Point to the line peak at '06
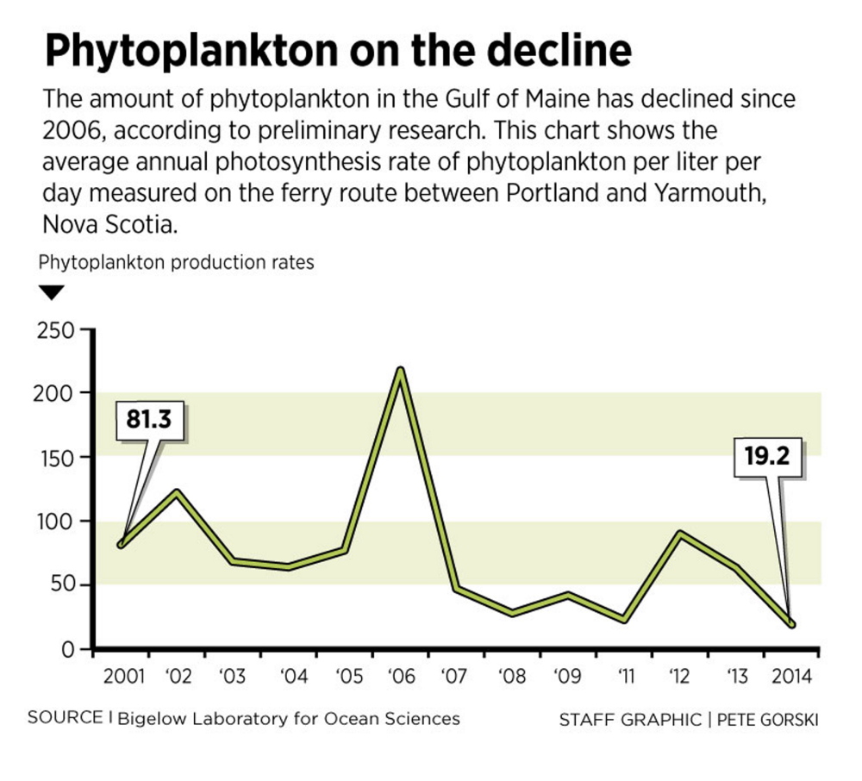(x=400, y=371)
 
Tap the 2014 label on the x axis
(x=791, y=676)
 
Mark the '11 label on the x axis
(x=624, y=676)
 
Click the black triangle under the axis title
(x=53, y=293)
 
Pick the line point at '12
(x=680, y=534)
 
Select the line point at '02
(x=177, y=493)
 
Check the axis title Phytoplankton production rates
(x=177, y=262)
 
